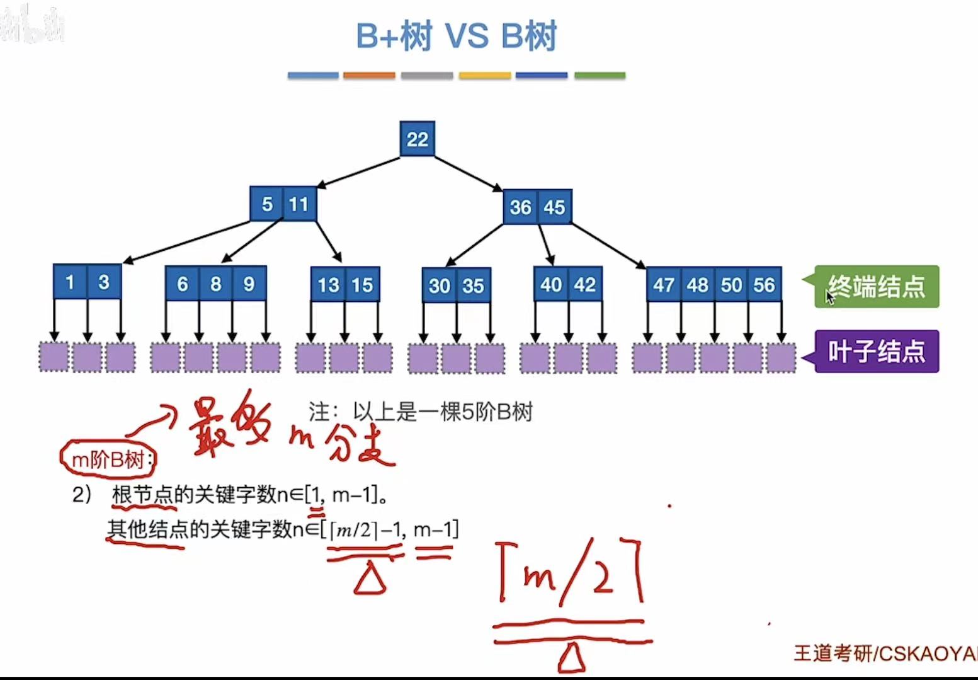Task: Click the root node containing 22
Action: point(417,139)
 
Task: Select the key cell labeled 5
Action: point(267,204)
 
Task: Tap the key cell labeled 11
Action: point(299,204)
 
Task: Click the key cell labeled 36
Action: point(520,207)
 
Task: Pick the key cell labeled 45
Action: point(554,207)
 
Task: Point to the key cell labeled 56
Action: point(764,285)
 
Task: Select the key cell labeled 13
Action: point(328,285)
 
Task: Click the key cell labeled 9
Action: point(249,284)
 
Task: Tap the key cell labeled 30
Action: point(439,285)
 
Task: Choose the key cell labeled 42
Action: point(584,285)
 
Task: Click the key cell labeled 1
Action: point(70,282)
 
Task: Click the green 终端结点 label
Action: point(876,287)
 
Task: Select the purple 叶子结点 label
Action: point(876,351)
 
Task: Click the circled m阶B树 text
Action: point(108,459)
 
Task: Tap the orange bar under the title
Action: point(369,76)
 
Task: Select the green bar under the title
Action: point(600,76)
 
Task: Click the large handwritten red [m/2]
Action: point(570,573)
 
